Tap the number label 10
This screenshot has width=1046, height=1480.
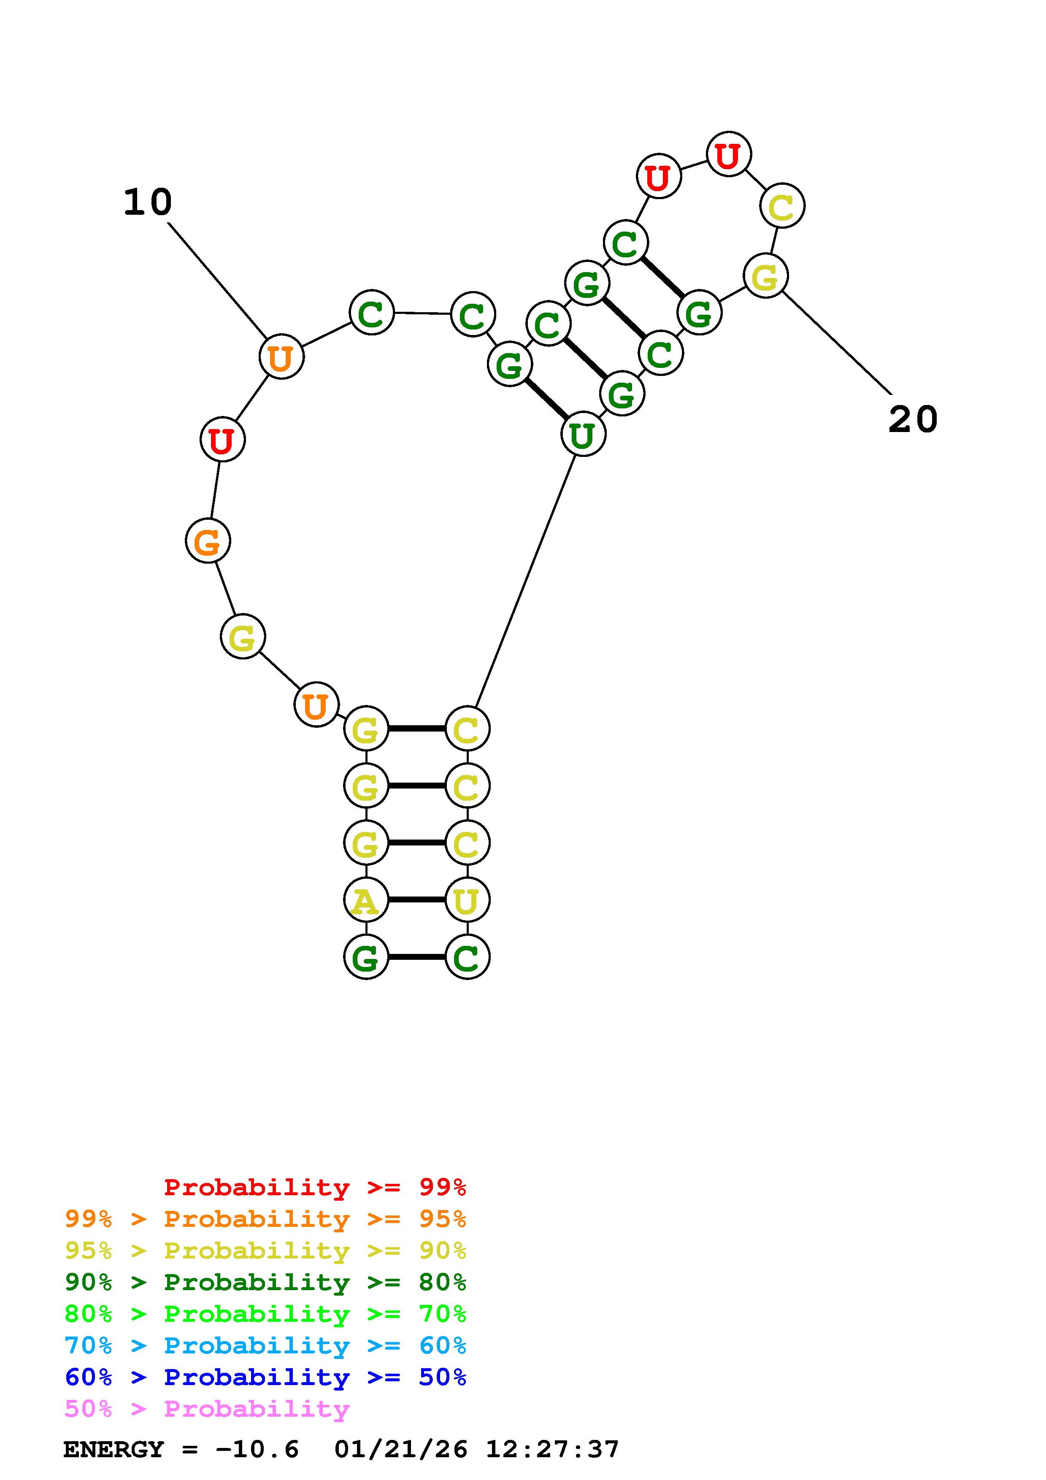coord(148,203)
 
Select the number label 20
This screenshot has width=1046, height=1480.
coord(913,420)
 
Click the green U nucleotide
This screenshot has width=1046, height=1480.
coord(583,435)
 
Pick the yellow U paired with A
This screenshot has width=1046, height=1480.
coord(467,900)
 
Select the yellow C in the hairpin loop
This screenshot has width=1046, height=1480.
coord(782,206)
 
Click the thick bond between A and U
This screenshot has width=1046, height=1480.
coord(417,900)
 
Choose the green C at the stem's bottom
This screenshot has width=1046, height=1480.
coord(467,957)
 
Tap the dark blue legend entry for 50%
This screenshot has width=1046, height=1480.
coord(265,1377)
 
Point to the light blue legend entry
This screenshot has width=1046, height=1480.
coord(265,1346)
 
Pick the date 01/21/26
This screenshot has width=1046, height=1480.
coord(401,1450)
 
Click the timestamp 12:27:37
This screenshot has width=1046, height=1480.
coord(552,1450)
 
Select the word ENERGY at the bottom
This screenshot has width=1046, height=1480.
coord(114,1450)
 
